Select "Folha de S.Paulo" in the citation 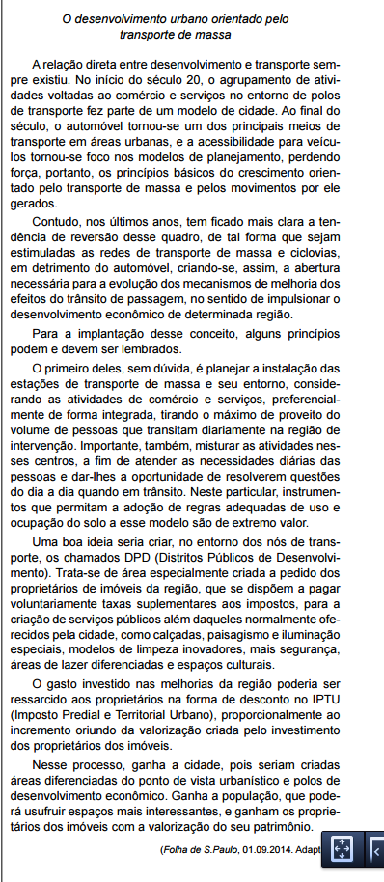[x=196, y=849]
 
